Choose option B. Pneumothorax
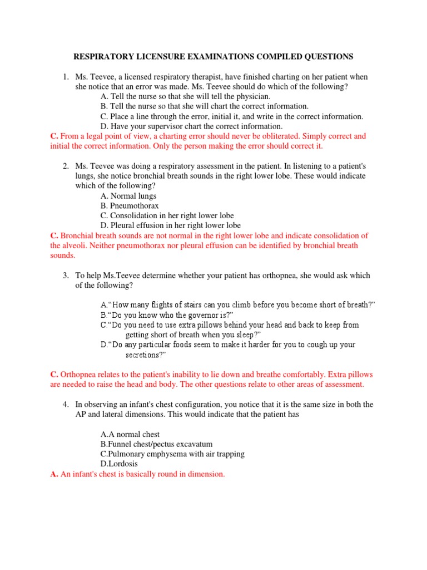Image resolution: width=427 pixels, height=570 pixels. (x=130, y=205)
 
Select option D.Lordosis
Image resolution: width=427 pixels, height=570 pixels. (x=119, y=464)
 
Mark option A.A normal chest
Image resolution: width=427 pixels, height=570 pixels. (x=130, y=434)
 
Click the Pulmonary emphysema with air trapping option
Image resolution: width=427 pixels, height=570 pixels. (x=172, y=454)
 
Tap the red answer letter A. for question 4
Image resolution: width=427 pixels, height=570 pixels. (x=54, y=474)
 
